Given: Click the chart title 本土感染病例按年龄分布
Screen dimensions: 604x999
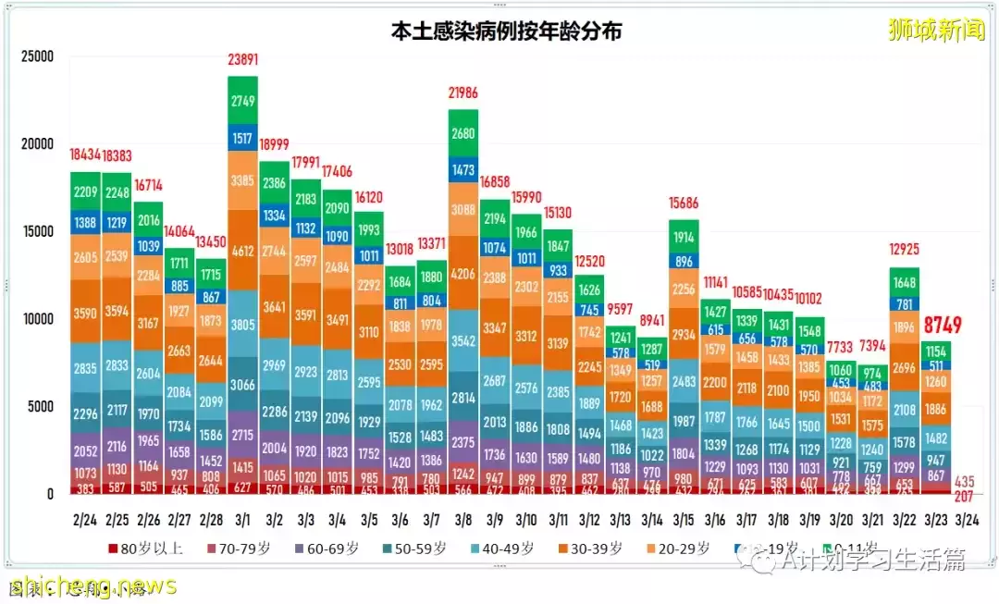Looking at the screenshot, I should point(505,31).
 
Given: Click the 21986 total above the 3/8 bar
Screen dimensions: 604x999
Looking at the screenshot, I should point(462,93).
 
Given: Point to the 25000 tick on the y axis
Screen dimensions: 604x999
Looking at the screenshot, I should point(37,56).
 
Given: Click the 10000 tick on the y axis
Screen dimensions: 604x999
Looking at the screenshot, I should point(37,320).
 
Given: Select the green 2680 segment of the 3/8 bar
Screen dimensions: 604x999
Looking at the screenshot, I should point(462,133).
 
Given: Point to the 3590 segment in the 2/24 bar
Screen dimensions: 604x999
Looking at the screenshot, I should point(85,313).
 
